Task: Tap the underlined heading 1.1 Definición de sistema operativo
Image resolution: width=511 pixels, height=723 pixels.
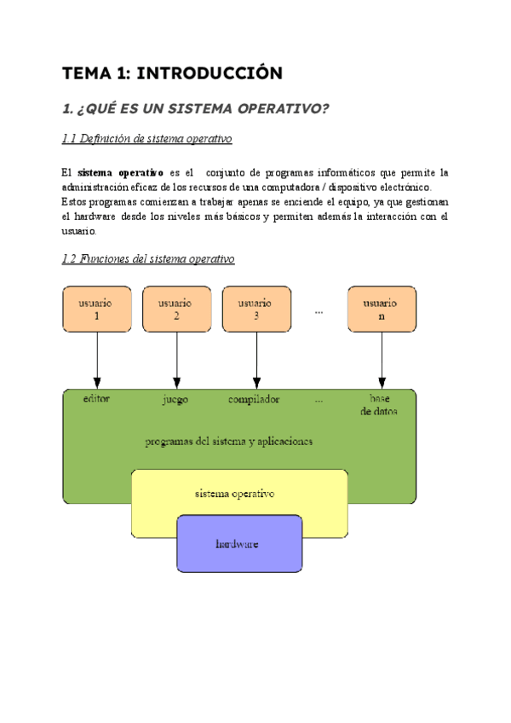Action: pyautogui.click(x=146, y=139)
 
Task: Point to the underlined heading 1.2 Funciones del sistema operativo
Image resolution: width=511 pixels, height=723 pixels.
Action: pyautogui.click(x=148, y=259)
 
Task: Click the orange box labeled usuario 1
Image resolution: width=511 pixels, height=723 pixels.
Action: pyautogui.click(x=96, y=309)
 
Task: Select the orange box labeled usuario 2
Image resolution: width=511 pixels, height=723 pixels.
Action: pyautogui.click(x=176, y=309)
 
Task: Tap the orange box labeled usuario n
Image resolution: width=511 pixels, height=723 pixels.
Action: pyautogui.click(x=382, y=309)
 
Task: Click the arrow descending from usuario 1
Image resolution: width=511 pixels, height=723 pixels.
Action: pyautogui.click(x=97, y=358)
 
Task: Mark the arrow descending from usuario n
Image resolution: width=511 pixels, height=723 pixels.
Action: pyautogui.click(x=382, y=358)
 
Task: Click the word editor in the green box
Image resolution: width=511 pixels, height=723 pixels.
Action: pyautogui.click(x=96, y=398)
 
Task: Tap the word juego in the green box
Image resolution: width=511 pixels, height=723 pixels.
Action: pyautogui.click(x=175, y=399)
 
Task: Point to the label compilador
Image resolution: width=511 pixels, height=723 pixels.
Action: pyautogui.click(x=254, y=399)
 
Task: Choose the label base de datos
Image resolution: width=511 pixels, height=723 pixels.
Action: pyautogui.click(x=379, y=404)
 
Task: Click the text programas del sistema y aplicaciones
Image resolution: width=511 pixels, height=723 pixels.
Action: pyautogui.click(x=229, y=442)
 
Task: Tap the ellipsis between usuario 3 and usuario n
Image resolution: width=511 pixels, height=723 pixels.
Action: pyautogui.click(x=319, y=311)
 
